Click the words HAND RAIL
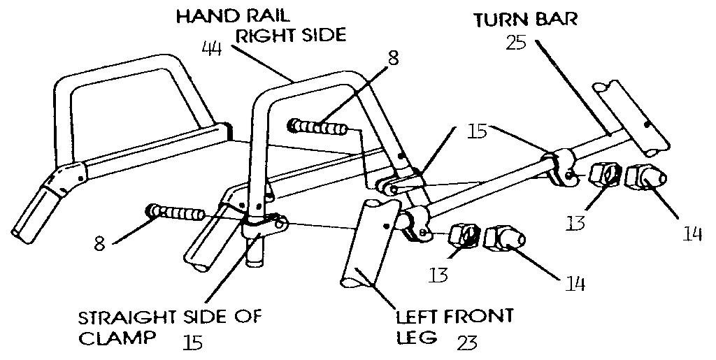[232, 17]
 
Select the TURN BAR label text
[525, 20]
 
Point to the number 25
[516, 43]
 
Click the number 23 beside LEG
[466, 342]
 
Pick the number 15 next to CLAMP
[192, 343]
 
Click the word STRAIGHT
[127, 317]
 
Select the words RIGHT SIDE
[290, 36]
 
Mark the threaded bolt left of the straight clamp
[175, 213]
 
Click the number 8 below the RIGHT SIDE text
[393, 59]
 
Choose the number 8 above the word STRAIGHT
[99, 243]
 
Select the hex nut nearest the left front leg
[463, 236]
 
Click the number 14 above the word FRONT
[575, 284]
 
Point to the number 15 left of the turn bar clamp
[478, 131]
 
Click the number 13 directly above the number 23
[438, 275]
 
